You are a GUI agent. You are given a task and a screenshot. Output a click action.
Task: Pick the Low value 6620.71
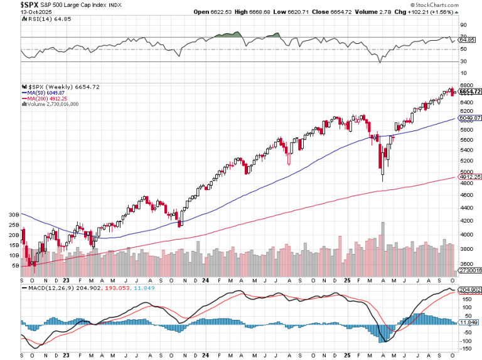pyautogui.click(x=301, y=12)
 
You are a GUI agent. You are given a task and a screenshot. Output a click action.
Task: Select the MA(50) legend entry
pyautogui.click(x=48, y=92)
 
